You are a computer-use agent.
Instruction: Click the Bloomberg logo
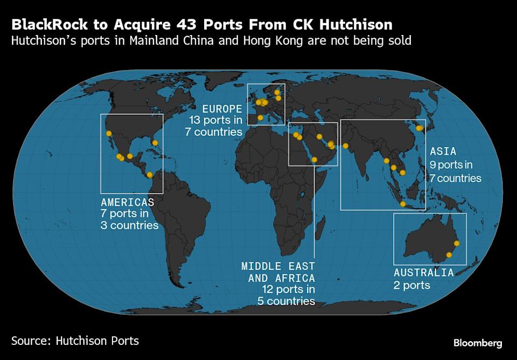(478, 343)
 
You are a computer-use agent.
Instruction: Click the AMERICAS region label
(127, 202)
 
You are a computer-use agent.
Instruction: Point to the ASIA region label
(443, 151)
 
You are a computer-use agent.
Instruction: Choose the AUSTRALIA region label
(423, 273)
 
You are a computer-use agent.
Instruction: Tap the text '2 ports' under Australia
(412, 285)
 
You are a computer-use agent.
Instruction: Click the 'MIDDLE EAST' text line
(278, 266)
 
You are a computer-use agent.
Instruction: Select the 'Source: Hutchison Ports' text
(75, 341)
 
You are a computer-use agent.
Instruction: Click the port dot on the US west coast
(109, 133)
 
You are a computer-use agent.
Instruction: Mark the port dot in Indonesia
(403, 204)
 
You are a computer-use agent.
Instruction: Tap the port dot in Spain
(261, 117)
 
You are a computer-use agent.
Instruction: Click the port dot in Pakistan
(345, 146)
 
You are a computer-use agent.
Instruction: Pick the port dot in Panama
(149, 174)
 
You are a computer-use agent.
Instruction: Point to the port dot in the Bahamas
(155, 143)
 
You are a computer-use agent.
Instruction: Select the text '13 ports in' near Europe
(215, 120)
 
